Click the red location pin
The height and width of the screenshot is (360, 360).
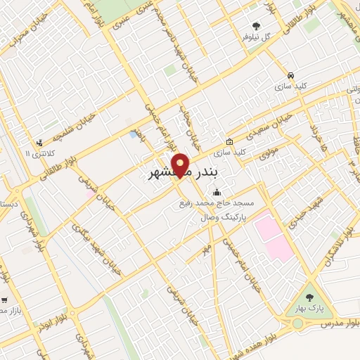tap(181, 165)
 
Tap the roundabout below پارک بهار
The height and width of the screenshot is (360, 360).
tap(297, 323)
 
